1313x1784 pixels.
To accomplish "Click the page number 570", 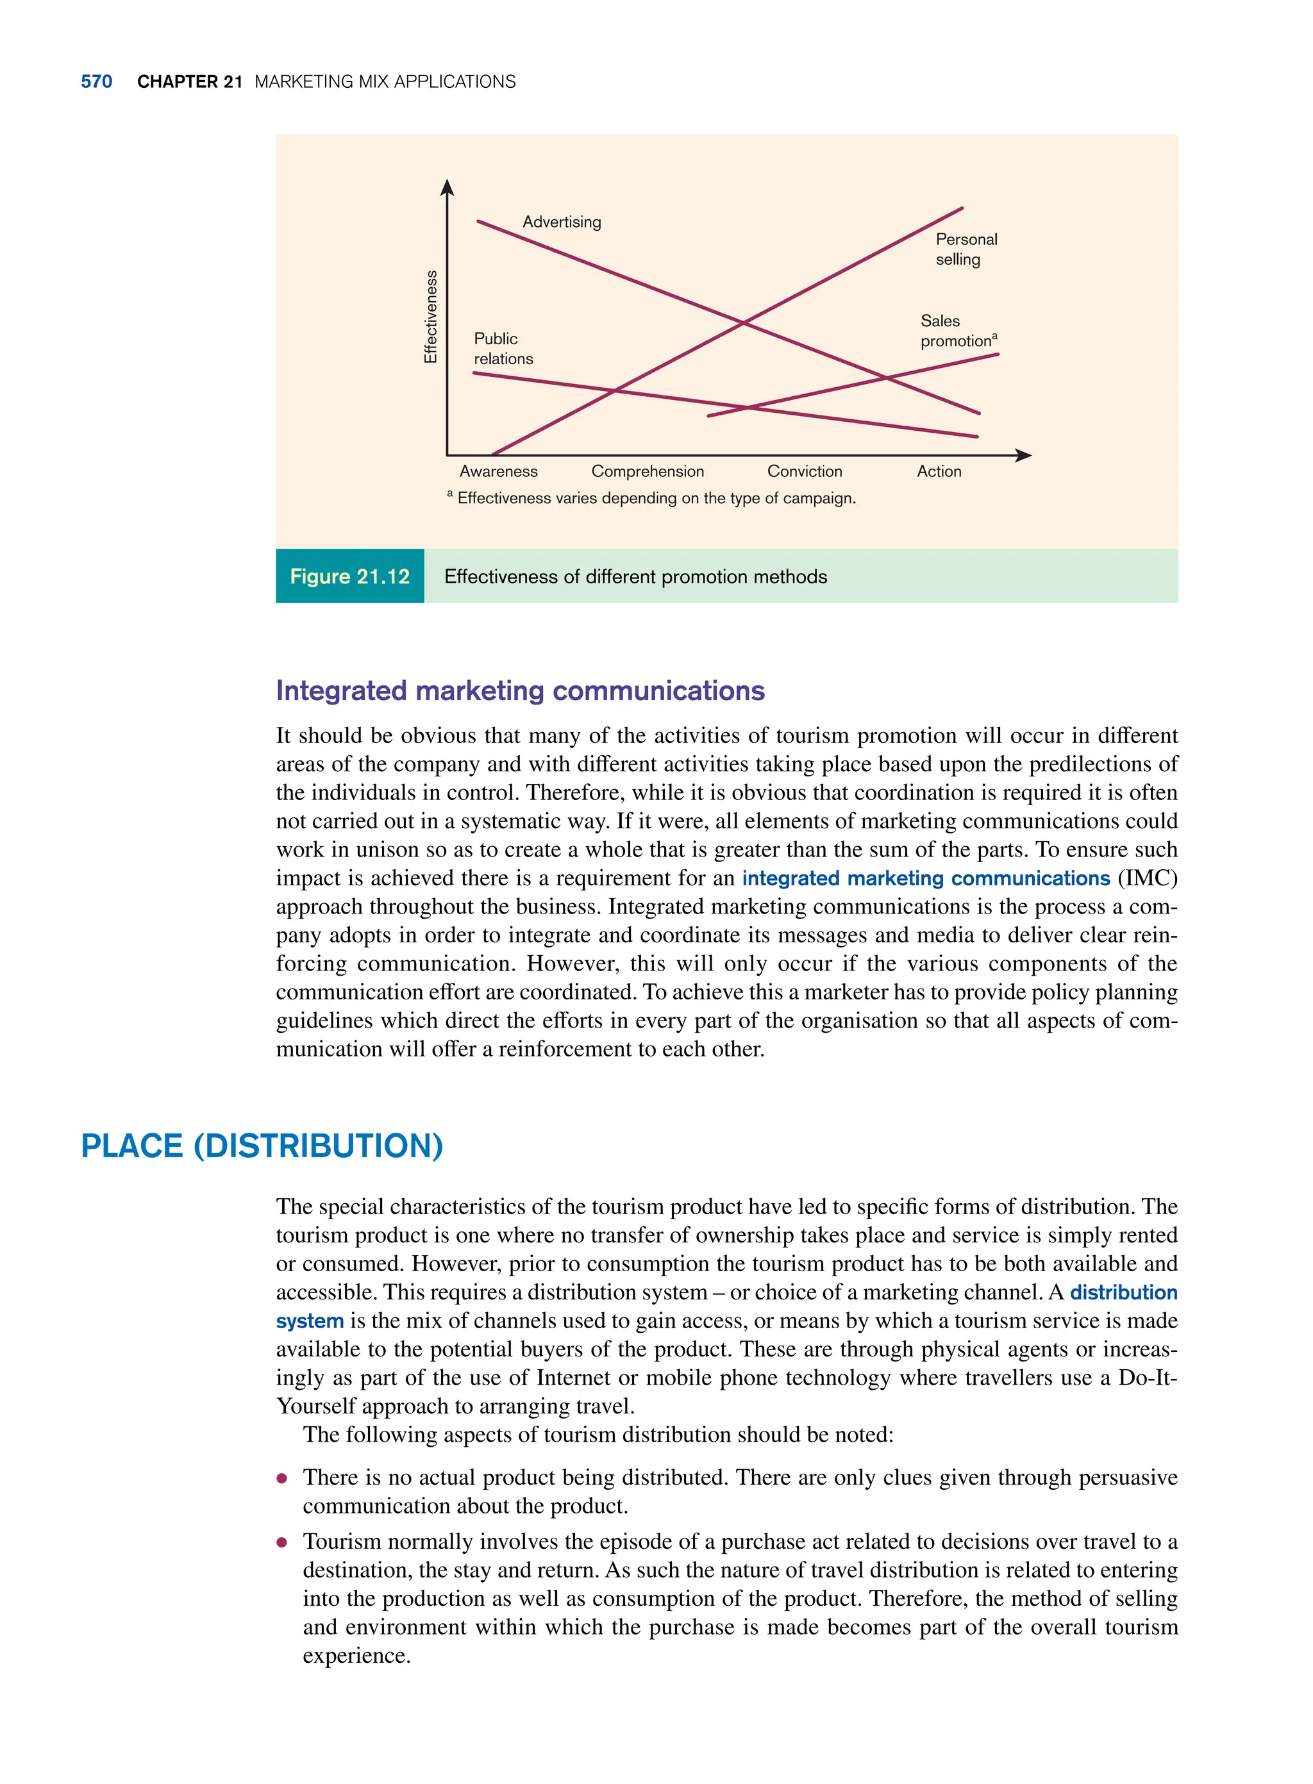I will [x=96, y=82].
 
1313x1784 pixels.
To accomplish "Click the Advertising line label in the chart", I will [x=561, y=222].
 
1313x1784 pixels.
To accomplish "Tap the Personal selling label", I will [x=965, y=249].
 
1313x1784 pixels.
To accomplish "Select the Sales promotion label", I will [x=958, y=331].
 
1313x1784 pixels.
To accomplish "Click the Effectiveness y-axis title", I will [x=431, y=316].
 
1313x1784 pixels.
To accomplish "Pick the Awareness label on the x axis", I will [x=498, y=471].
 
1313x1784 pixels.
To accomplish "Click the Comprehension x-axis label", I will [x=647, y=471].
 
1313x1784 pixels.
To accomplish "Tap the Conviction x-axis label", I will [x=805, y=471].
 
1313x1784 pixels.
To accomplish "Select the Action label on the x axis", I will [x=939, y=471].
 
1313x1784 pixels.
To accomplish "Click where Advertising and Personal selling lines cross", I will [x=743, y=322].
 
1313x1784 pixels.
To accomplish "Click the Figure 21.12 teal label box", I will [x=349, y=576].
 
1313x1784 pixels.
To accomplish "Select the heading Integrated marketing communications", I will [x=520, y=690].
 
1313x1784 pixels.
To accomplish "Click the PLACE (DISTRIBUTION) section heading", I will [x=262, y=1146].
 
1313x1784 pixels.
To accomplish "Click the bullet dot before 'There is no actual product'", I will [x=281, y=1479].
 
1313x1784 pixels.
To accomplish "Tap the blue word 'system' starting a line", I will [x=309, y=1321].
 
